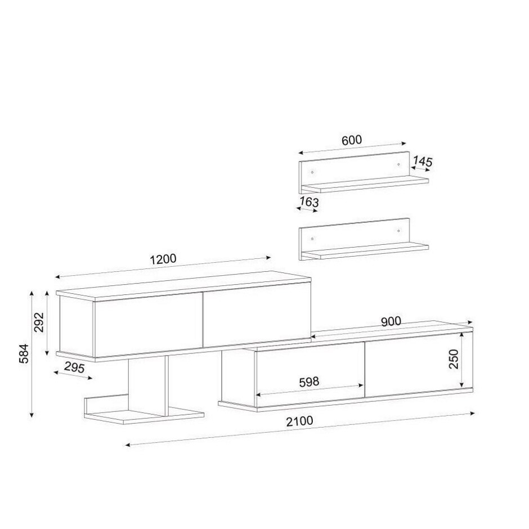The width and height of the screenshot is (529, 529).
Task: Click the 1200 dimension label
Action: [163, 259]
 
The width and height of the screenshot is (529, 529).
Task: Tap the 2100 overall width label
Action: [299, 421]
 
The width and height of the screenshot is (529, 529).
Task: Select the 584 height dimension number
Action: [24, 353]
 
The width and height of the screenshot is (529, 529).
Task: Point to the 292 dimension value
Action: [39, 322]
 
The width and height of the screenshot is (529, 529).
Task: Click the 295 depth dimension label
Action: [74, 367]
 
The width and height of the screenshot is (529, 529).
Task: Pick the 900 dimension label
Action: [391, 321]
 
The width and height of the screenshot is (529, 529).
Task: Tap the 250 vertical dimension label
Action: [454, 359]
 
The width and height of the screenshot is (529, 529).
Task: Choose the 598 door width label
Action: [309, 382]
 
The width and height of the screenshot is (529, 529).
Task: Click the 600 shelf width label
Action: [352, 140]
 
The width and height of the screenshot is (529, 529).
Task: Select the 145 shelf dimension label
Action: [423, 162]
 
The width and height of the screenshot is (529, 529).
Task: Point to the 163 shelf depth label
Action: [309, 201]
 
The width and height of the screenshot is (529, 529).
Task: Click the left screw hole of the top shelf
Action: [312, 172]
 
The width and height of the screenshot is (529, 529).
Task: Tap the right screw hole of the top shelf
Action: [398, 164]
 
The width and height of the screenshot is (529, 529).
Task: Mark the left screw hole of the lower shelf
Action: [312, 239]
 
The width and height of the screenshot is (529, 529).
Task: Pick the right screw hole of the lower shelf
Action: [398, 231]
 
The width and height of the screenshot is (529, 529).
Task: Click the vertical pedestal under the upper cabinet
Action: [148, 386]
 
